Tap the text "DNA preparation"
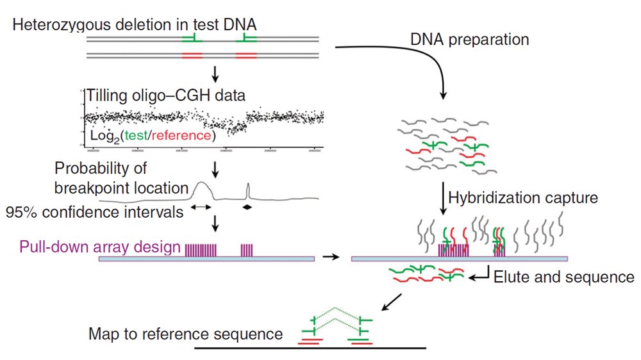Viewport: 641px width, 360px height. [x=470, y=40]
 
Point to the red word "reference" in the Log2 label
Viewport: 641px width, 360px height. [x=185, y=136]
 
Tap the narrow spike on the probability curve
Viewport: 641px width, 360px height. [x=248, y=190]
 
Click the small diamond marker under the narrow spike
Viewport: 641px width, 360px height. [x=247, y=207]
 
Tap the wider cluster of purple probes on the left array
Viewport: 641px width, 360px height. [x=201, y=250]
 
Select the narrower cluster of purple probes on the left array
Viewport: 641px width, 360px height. [x=247, y=250]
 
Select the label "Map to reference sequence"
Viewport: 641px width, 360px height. [x=186, y=334]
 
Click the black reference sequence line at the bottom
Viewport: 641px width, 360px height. [x=310, y=348]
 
